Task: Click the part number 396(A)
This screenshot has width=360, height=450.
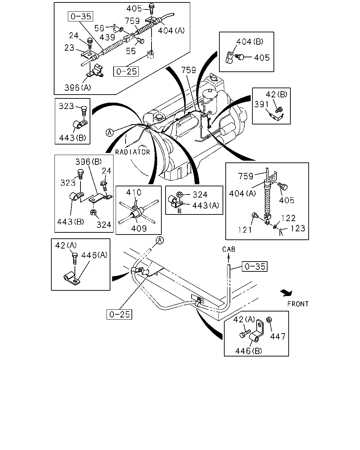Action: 78,88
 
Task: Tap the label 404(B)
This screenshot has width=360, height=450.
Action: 250,41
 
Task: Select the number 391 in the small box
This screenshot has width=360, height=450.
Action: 261,104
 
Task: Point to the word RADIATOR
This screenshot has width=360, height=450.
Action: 133,152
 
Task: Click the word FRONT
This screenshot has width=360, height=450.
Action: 298,304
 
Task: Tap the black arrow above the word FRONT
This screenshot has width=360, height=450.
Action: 287,293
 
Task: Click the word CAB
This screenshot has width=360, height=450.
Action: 229,249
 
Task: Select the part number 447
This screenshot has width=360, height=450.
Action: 278,337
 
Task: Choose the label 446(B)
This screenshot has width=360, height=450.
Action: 249,351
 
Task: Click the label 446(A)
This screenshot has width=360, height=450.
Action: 94,255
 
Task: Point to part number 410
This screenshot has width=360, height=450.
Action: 134,192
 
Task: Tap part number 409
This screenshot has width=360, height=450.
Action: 139,229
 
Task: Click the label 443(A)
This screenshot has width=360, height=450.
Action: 206,206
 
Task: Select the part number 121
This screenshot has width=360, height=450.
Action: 245,230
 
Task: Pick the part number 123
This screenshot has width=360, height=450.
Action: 298,229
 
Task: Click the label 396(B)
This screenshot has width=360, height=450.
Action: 89,162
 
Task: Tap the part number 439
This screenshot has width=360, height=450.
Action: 107,37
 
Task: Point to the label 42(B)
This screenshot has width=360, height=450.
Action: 276,95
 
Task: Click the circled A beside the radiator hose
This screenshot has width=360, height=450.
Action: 110,133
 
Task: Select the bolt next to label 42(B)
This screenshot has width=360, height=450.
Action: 279,110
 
